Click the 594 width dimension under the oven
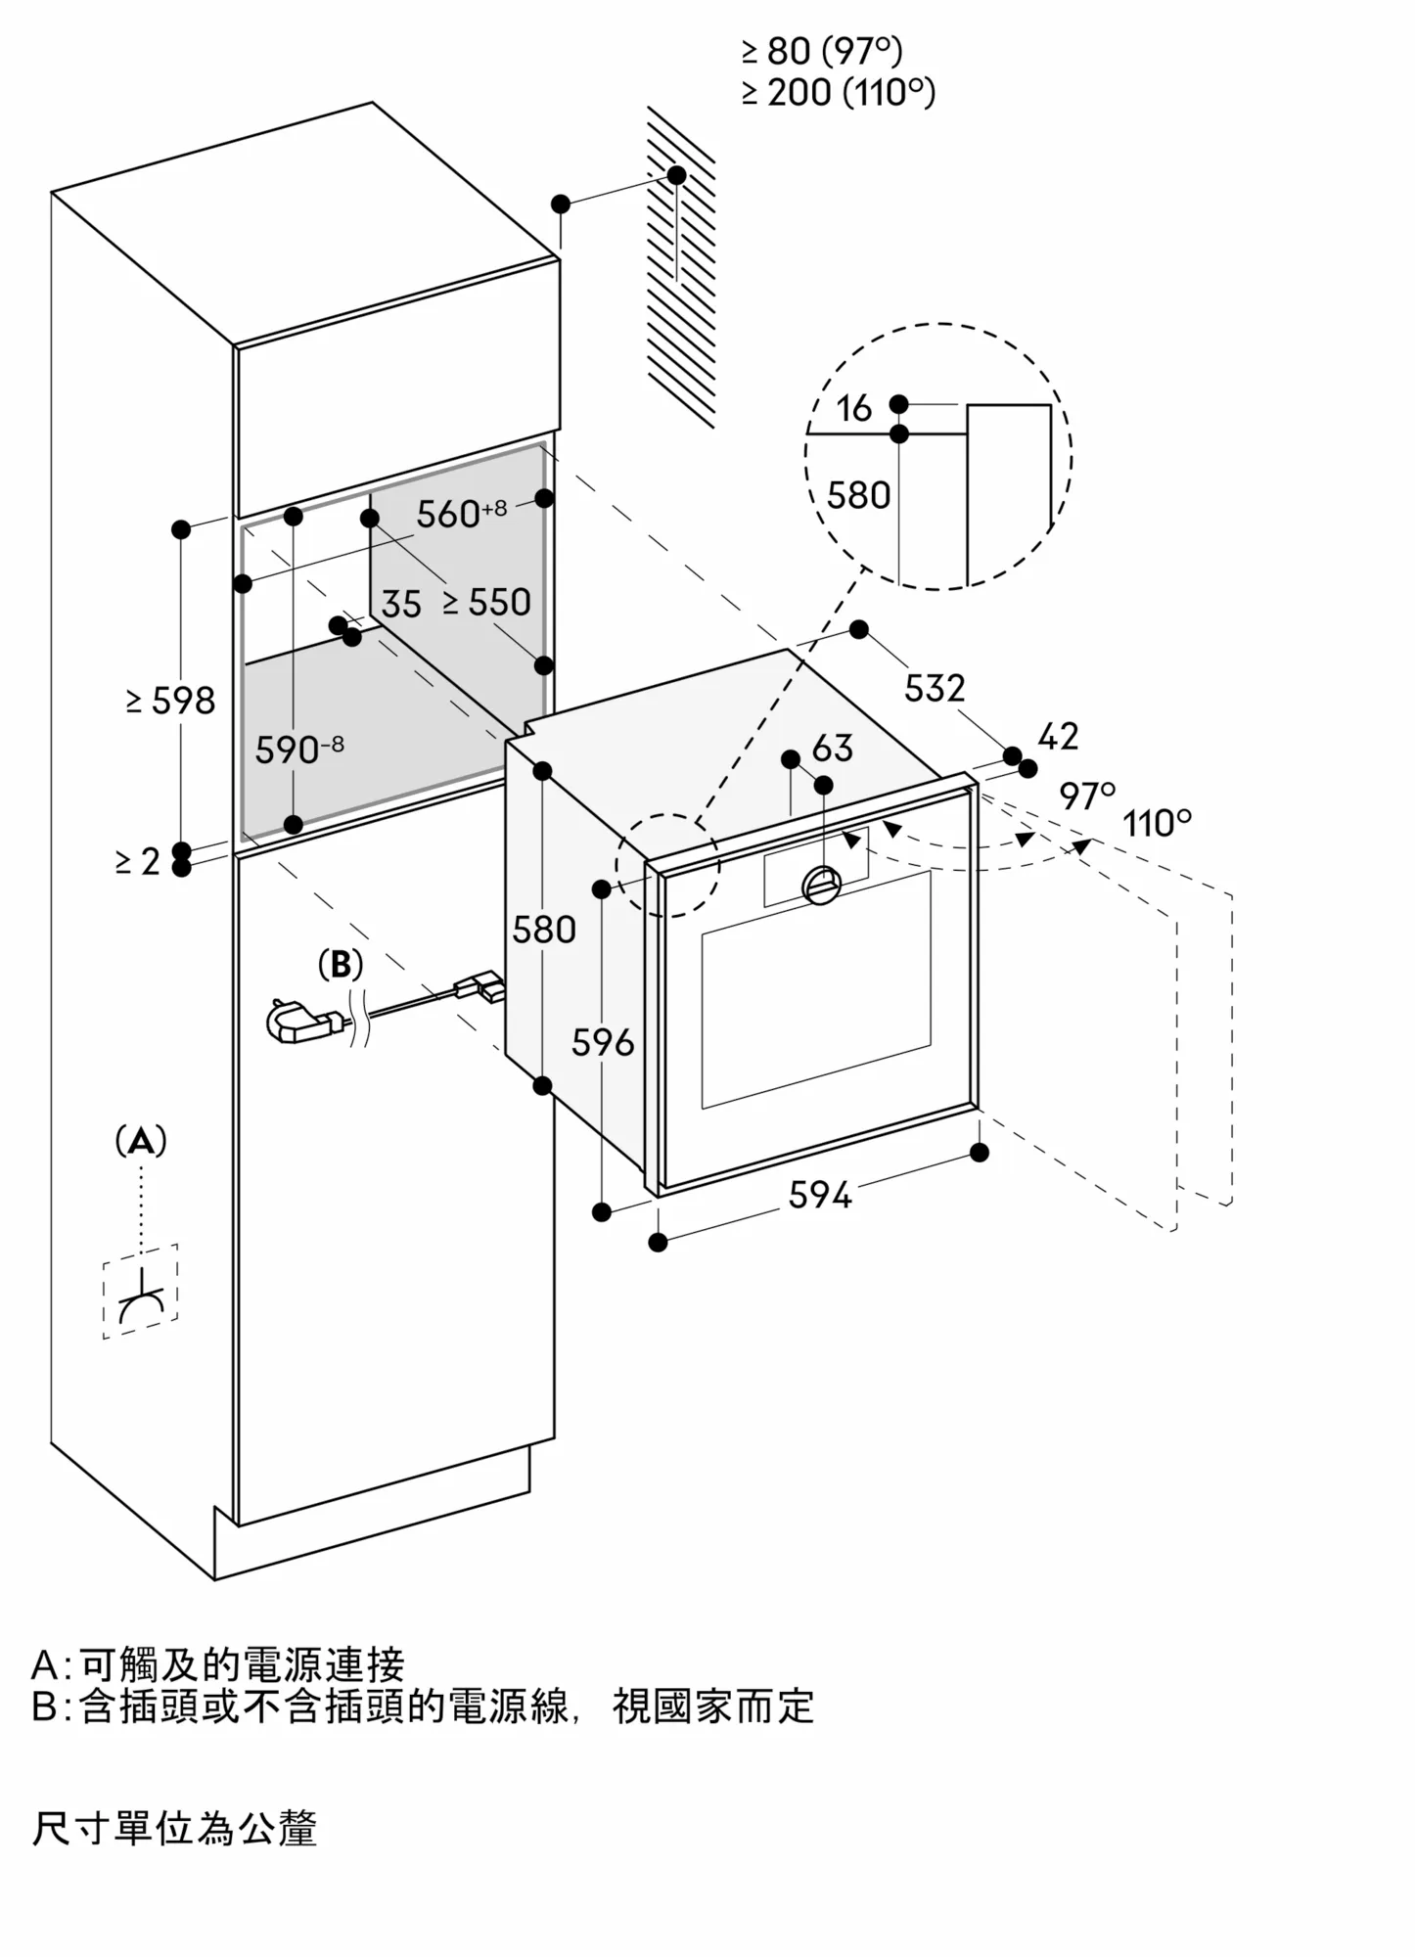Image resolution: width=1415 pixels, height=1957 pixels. point(820,1195)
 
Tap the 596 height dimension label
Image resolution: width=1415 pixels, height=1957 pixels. point(603,1043)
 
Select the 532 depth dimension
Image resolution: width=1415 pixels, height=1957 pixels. point(934,688)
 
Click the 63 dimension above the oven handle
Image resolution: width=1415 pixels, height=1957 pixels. point(833,749)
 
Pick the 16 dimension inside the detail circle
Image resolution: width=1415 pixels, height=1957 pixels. point(853,408)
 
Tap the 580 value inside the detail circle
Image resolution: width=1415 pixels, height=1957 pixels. point(858,496)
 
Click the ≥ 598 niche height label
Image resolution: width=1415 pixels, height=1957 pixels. point(170,701)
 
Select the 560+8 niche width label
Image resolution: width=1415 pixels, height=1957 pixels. point(461,513)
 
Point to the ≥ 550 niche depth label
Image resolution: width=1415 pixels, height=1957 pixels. point(486,602)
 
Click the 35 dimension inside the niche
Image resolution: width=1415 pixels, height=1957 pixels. point(401,605)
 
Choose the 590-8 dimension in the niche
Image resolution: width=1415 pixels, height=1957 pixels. point(298,750)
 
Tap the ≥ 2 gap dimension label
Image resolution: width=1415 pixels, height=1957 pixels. point(137,861)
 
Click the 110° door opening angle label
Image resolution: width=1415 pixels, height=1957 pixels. point(1157,823)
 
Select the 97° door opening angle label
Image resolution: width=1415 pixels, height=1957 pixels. point(1087,796)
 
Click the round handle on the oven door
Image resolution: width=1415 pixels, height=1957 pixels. point(820,885)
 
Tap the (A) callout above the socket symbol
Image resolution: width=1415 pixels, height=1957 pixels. point(141,1141)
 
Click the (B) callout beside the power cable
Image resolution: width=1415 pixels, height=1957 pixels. point(341,965)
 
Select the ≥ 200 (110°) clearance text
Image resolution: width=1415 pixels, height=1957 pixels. point(838,93)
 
